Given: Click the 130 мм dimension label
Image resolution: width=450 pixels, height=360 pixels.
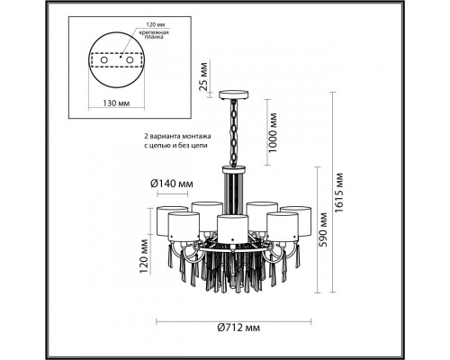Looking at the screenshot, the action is [116, 103].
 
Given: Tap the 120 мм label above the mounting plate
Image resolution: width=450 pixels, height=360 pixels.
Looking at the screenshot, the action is [156, 24].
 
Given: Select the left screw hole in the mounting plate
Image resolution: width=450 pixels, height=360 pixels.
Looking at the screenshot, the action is [104, 60].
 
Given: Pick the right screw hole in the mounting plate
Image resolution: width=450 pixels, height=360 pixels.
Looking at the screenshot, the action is [130, 60].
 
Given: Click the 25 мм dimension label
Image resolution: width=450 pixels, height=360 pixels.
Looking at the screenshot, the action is [203, 76].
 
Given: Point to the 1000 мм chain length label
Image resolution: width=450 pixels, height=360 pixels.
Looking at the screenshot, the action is [273, 133].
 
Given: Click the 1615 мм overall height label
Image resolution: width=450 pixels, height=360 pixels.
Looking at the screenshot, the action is [339, 193].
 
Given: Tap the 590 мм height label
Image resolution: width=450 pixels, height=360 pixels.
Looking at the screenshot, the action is [323, 229].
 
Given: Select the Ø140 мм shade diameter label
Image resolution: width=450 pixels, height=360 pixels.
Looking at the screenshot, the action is [172, 184].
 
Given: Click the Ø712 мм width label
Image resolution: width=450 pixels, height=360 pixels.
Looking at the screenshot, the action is [238, 328].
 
